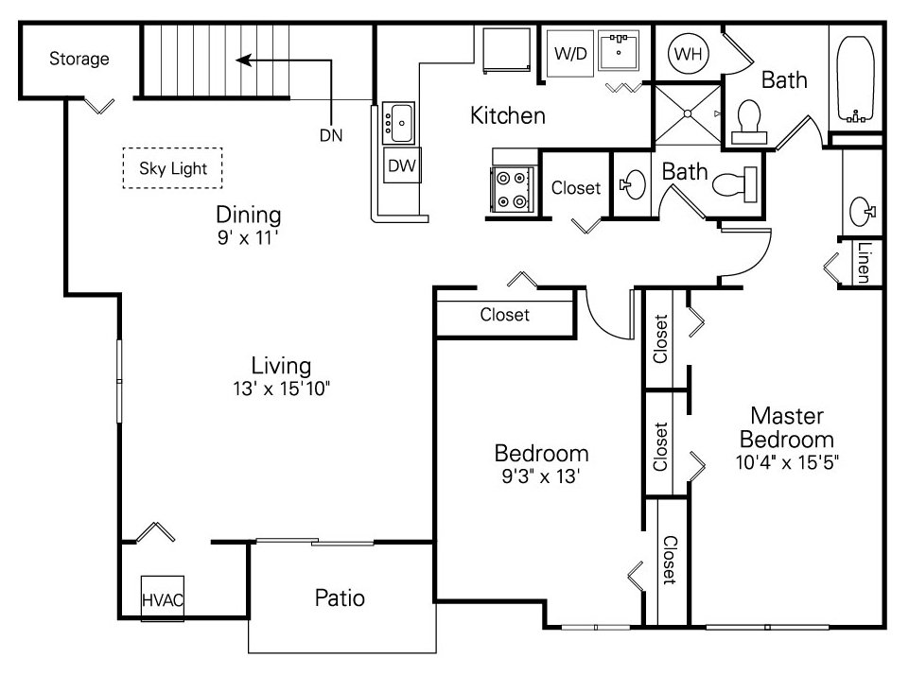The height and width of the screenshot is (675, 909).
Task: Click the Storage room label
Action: [79, 59]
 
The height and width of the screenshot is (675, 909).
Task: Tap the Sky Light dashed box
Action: [172, 169]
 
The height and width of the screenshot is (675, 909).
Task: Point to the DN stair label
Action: [330, 135]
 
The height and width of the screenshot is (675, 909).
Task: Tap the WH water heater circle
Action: [688, 54]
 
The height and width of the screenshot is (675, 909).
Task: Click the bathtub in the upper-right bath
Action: [857, 81]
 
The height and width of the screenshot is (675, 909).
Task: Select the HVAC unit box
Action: [163, 598]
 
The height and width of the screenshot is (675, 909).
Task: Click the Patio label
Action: [340, 597]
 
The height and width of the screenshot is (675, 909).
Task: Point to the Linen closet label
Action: [863, 265]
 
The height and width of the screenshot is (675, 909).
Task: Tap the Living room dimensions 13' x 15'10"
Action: [281, 388]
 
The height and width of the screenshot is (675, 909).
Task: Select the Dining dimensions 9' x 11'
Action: [248, 237]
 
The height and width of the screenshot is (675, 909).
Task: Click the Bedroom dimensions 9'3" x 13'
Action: [542, 476]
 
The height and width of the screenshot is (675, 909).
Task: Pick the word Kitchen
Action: [508, 116]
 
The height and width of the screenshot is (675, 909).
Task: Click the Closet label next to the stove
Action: [576, 188]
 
